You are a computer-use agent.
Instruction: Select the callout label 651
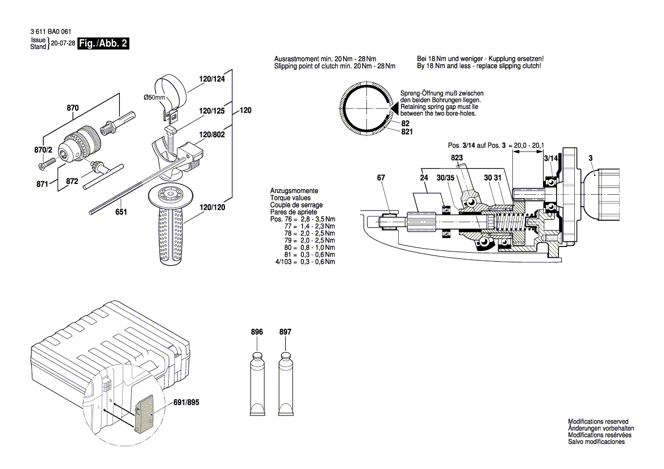[x=120, y=212]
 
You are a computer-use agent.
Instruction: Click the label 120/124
[x=212, y=79]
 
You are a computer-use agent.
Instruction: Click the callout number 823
[x=457, y=157]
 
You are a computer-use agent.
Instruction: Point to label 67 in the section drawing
[x=381, y=178]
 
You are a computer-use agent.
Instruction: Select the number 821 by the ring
[x=407, y=132]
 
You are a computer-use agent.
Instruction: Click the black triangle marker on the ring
[x=393, y=106]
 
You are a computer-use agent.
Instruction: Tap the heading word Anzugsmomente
[x=294, y=191]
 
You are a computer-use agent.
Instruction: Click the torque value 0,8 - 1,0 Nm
[x=321, y=248]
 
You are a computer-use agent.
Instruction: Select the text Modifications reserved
[x=599, y=421]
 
